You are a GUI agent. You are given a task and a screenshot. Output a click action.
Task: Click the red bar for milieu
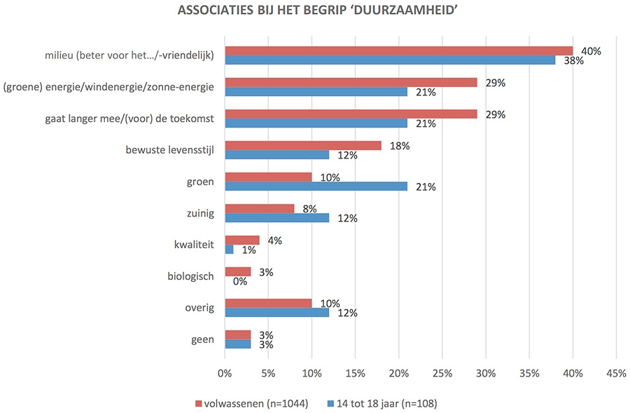pos(398,50)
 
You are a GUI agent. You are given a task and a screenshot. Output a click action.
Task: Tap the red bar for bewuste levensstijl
pos(302,145)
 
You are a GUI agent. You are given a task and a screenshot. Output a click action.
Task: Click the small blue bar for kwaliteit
pos(229,249)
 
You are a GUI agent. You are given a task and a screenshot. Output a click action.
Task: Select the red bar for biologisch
pos(237,271)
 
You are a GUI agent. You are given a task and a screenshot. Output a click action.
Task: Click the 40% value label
pos(591,50)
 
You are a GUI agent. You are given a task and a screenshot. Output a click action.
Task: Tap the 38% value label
pos(575,60)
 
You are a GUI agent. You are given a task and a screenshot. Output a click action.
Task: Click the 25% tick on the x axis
pos(442,374)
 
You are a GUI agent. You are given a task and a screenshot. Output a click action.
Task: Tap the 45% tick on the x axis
pos(616,374)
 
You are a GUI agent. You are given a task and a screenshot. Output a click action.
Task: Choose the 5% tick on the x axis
pos(268,374)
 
